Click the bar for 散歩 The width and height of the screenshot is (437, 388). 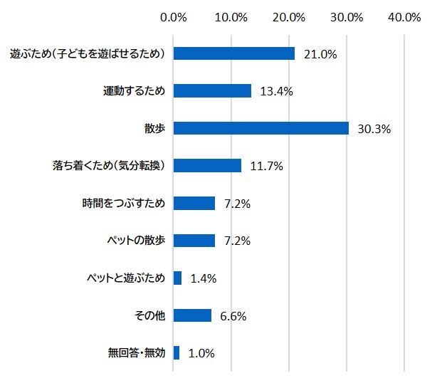point(260,128)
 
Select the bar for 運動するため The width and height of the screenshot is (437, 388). point(212,90)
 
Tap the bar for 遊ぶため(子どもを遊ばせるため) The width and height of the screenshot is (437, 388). point(234,53)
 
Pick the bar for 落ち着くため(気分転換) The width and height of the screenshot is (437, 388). point(207,166)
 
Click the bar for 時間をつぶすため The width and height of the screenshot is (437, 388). point(194,203)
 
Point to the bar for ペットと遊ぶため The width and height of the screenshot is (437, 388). point(177,278)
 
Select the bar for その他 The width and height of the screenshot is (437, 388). point(192,315)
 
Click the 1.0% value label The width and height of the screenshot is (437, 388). point(203,353)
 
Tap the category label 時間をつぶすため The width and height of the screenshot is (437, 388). point(124,204)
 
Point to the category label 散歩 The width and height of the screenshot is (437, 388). point(154,129)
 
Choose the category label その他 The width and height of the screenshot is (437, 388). point(150,315)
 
